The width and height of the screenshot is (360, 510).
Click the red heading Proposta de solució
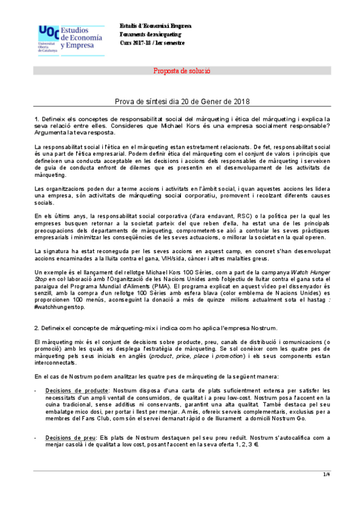[182, 71]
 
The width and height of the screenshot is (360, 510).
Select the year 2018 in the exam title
[240, 102]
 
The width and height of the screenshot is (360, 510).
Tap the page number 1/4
[327, 475]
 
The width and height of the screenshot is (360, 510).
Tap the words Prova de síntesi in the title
[135, 102]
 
